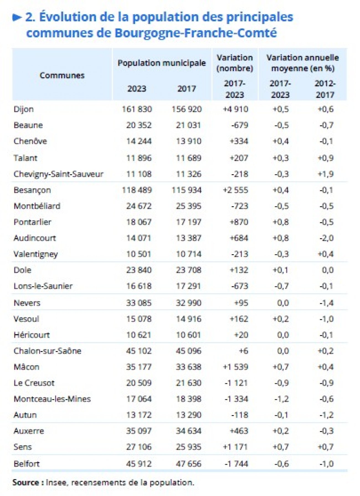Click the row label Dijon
24,109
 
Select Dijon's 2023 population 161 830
137,109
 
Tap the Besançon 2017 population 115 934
187,190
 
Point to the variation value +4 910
235,109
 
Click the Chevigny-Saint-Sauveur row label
58,174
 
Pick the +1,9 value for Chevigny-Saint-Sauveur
325,174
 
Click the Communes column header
62,75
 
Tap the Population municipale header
162,63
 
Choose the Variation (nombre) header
235,63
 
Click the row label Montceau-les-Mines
52,399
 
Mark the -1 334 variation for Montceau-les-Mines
236,399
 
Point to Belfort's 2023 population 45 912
139,464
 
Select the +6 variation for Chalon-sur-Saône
243,351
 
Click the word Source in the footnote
25,482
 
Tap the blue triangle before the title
17,18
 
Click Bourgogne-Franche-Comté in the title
196,33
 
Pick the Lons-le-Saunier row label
43,286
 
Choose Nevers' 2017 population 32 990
189,303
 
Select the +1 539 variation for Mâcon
235,367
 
